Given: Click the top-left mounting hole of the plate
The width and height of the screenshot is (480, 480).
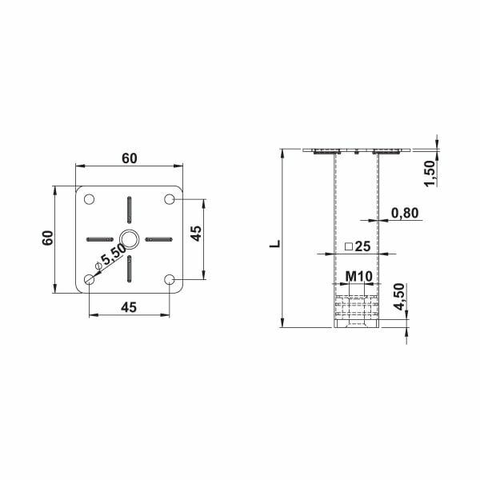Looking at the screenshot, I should coord(89,198).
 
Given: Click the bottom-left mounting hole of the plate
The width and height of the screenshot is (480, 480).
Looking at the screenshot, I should coord(89,279).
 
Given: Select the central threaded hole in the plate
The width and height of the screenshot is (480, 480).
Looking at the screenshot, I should coord(129,238).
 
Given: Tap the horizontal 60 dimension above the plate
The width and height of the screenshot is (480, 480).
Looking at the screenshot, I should coord(129,158).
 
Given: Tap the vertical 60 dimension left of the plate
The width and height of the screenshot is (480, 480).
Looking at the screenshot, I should coord(48,238).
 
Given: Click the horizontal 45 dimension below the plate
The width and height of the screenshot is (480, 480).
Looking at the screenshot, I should coord(129,306).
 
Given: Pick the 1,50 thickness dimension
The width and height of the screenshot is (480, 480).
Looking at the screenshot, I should coord(429,173).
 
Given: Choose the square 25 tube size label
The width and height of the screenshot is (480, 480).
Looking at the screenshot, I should coord(357,247).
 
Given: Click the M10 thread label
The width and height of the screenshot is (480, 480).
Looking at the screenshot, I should coord(359,277).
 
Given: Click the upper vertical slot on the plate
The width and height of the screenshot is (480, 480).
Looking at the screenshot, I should coord(129,210).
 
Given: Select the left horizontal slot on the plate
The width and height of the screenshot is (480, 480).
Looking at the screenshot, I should coord(100,238).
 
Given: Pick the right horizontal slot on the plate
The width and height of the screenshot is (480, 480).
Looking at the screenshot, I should coord(158,238).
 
